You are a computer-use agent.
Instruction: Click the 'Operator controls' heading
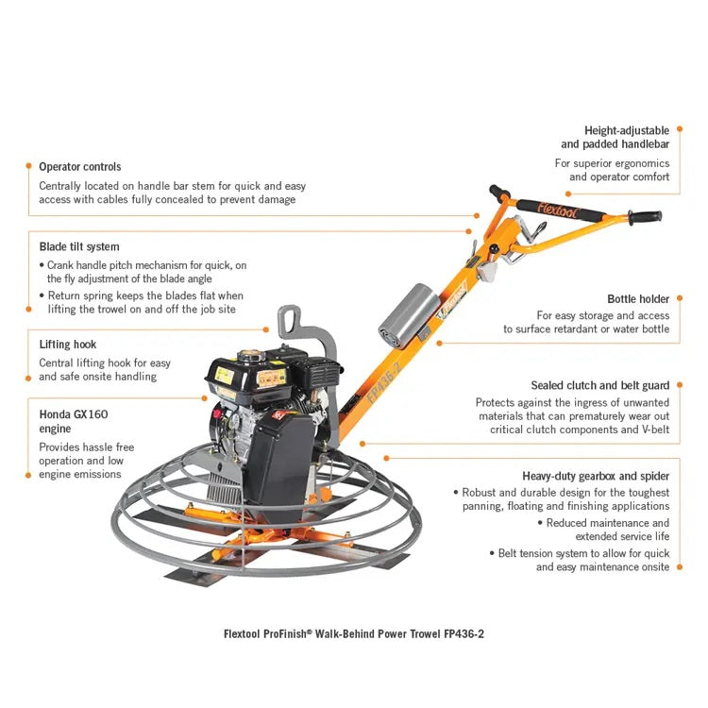(79, 167)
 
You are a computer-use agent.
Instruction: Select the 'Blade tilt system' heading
(79, 246)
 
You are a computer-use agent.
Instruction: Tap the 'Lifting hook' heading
(68, 345)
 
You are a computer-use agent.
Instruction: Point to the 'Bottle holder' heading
(638, 298)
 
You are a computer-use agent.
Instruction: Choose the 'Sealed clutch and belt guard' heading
(600, 385)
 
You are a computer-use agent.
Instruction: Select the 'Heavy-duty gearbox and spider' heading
(596, 476)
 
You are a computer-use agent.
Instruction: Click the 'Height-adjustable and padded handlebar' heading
(615, 137)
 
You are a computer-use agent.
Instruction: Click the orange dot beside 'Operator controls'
(28, 167)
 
